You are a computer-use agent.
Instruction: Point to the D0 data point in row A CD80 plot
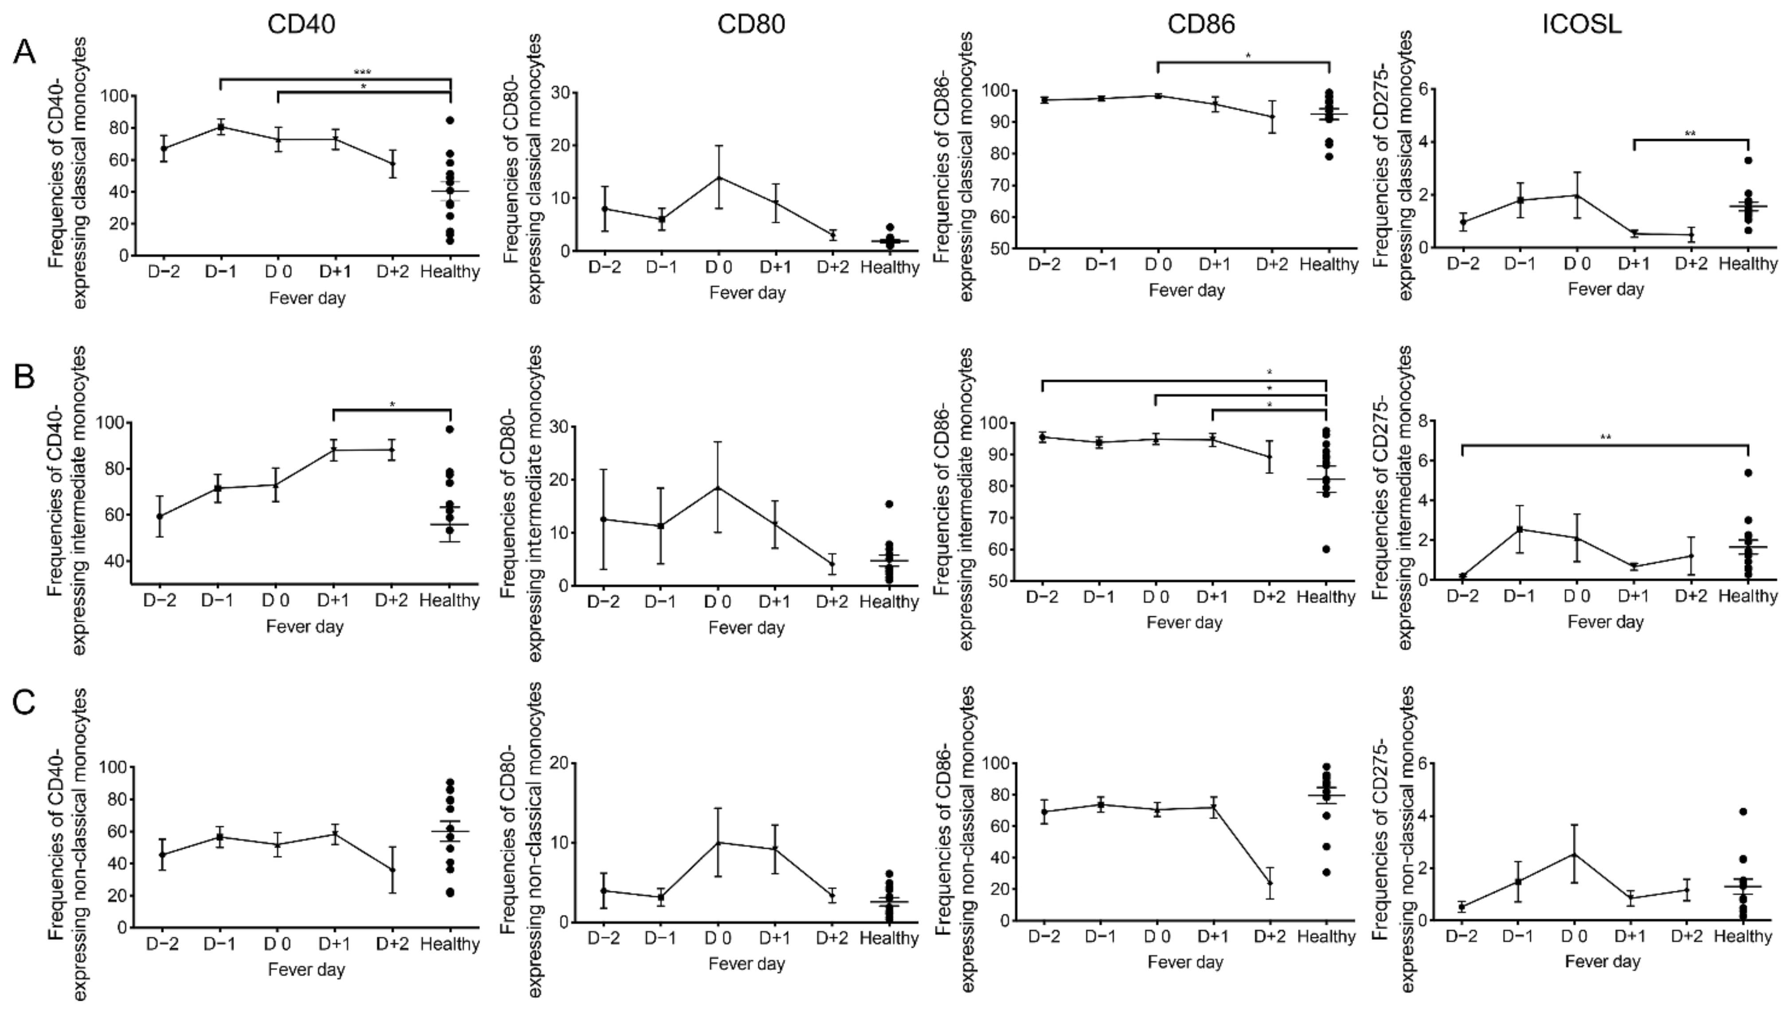[717, 177]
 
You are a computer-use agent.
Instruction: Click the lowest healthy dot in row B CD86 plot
[1326, 549]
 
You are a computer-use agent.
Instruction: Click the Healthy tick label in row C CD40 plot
[450, 944]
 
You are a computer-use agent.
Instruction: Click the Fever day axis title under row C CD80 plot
[746, 964]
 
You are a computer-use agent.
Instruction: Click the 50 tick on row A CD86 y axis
[1001, 249]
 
